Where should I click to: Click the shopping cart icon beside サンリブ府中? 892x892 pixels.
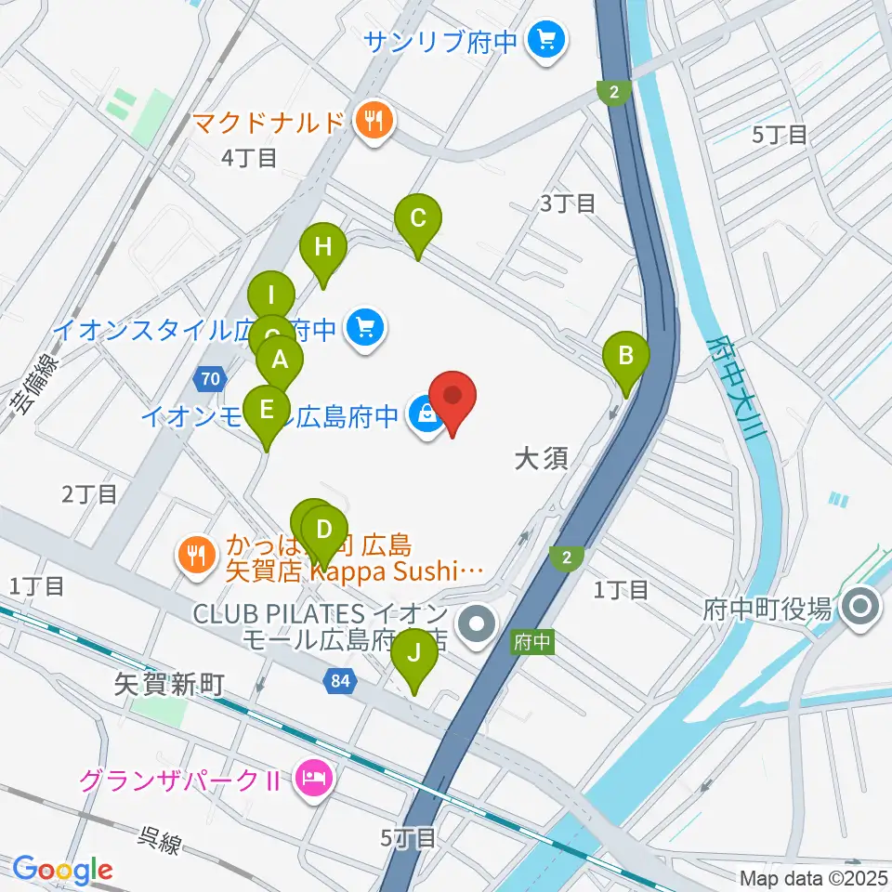pos(542,41)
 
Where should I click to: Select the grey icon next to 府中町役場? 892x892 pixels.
pos(859,610)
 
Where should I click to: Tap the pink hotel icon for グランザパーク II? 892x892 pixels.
pos(309,777)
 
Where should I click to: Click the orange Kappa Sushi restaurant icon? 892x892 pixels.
pos(195,556)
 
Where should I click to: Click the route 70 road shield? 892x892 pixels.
pos(210,378)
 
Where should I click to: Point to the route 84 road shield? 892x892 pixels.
pos(339,682)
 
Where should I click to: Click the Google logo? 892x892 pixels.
pos(61,869)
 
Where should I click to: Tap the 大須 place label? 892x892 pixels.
pos(541,458)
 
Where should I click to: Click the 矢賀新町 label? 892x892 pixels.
pos(169,685)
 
